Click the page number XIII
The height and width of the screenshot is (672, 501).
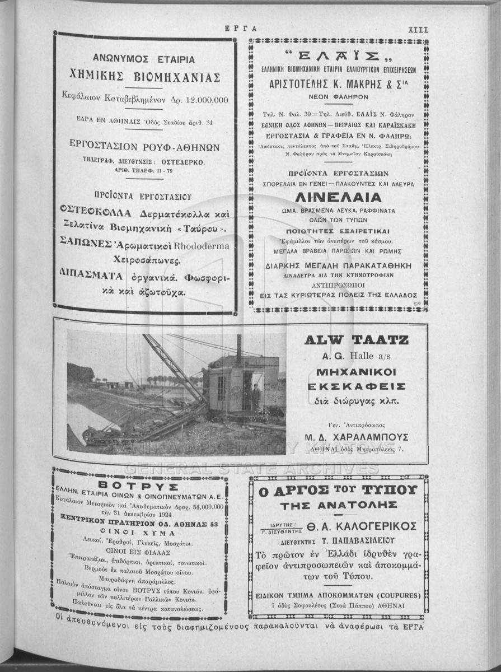click(418, 30)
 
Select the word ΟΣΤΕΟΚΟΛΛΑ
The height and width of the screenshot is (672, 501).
click(96, 213)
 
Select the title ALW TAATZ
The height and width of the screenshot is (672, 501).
click(356, 339)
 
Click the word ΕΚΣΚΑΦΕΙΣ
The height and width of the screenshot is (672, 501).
click(357, 386)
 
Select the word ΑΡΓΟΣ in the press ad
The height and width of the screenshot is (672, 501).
click(300, 490)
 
